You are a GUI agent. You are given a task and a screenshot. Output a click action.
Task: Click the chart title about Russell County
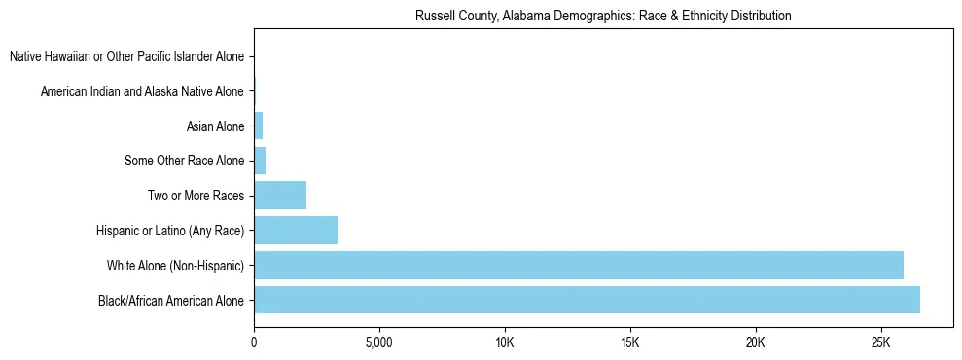point(602,17)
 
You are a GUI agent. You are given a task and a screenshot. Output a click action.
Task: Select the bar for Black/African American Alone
point(587,300)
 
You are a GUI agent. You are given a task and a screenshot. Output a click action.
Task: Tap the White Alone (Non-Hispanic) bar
point(578,265)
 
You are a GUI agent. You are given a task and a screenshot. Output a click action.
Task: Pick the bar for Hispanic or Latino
point(296,231)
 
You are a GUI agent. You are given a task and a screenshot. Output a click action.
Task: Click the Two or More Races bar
point(280,196)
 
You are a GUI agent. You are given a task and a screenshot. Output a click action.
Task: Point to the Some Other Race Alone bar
point(260,161)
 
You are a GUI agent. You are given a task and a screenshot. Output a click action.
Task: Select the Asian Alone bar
point(259,126)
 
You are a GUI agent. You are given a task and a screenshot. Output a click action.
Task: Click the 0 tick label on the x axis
point(254,343)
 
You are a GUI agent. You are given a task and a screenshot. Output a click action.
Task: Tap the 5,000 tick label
point(378,343)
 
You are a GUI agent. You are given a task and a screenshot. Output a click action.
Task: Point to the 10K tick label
point(504,343)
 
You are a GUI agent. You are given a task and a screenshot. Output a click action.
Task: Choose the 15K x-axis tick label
point(629,343)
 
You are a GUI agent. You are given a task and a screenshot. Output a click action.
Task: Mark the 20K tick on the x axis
point(755,343)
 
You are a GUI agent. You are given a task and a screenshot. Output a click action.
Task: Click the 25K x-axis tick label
point(880,343)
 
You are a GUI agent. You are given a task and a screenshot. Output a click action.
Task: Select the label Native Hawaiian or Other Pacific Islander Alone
point(126,56)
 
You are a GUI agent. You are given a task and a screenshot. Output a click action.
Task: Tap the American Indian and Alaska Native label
point(142,91)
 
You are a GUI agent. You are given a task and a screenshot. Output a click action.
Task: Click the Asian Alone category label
point(215,126)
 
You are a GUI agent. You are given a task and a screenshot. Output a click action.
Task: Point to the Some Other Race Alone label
point(185,161)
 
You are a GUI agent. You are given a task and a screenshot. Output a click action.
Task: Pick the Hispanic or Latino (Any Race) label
point(170,231)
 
